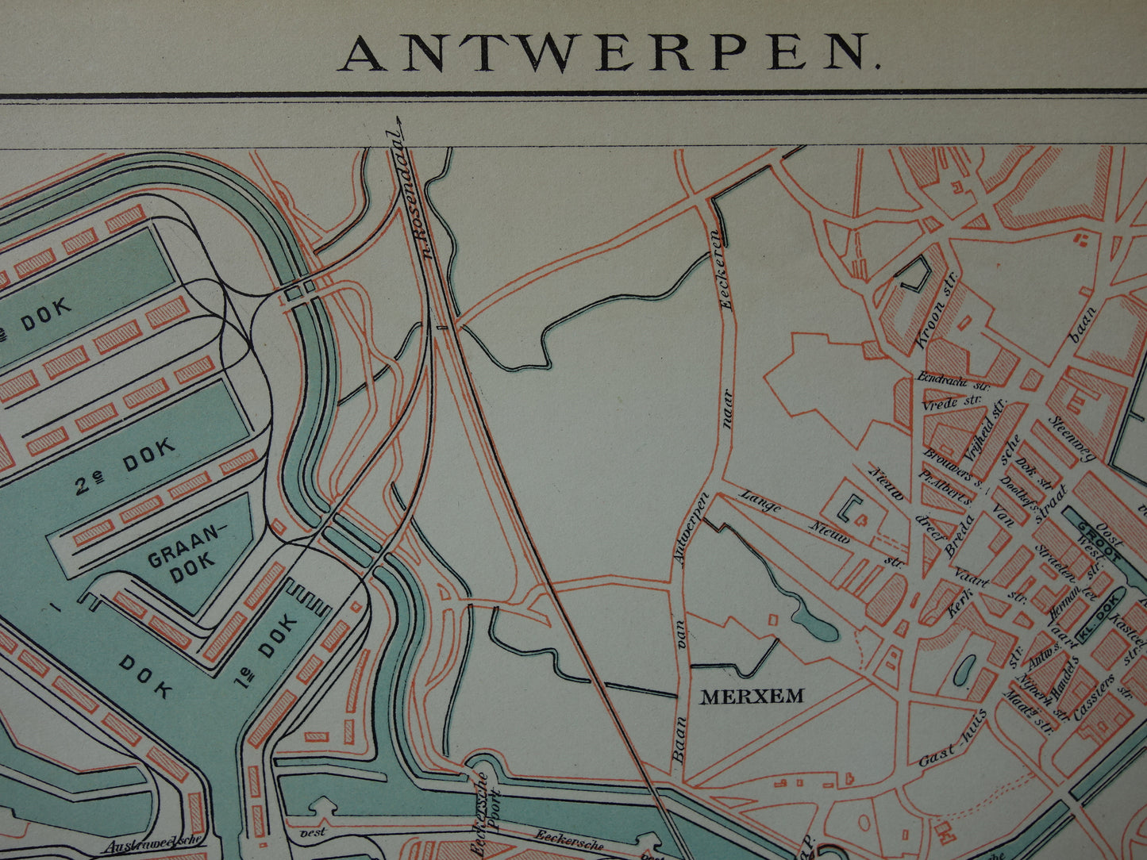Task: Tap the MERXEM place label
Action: (751, 697)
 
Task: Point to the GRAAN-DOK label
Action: (181, 555)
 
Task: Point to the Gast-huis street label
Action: (953, 739)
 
